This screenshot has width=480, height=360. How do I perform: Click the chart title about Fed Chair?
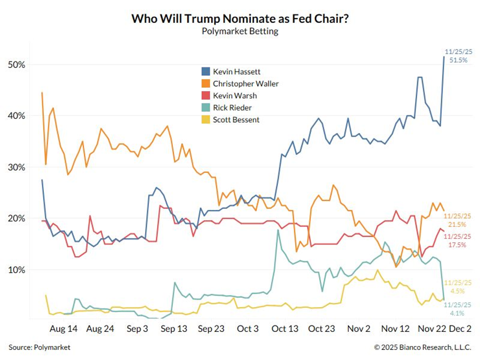[x=239, y=19]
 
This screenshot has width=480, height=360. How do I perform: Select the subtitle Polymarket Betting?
[x=239, y=31]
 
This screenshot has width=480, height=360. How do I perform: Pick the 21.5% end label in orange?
[x=457, y=225]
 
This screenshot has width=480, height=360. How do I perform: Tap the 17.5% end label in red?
[x=457, y=245]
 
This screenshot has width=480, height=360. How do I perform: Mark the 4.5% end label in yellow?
[x=457, y=292]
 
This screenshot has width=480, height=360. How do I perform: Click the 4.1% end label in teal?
[x=457, y=313]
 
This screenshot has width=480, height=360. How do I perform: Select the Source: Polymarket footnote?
[x=39, y=347]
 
